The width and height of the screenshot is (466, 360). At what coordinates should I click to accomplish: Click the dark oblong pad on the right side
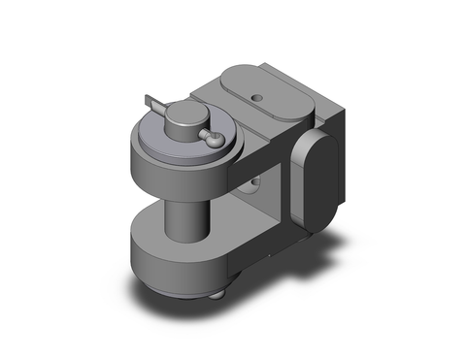pyautogui.click(x=315, y=180)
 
